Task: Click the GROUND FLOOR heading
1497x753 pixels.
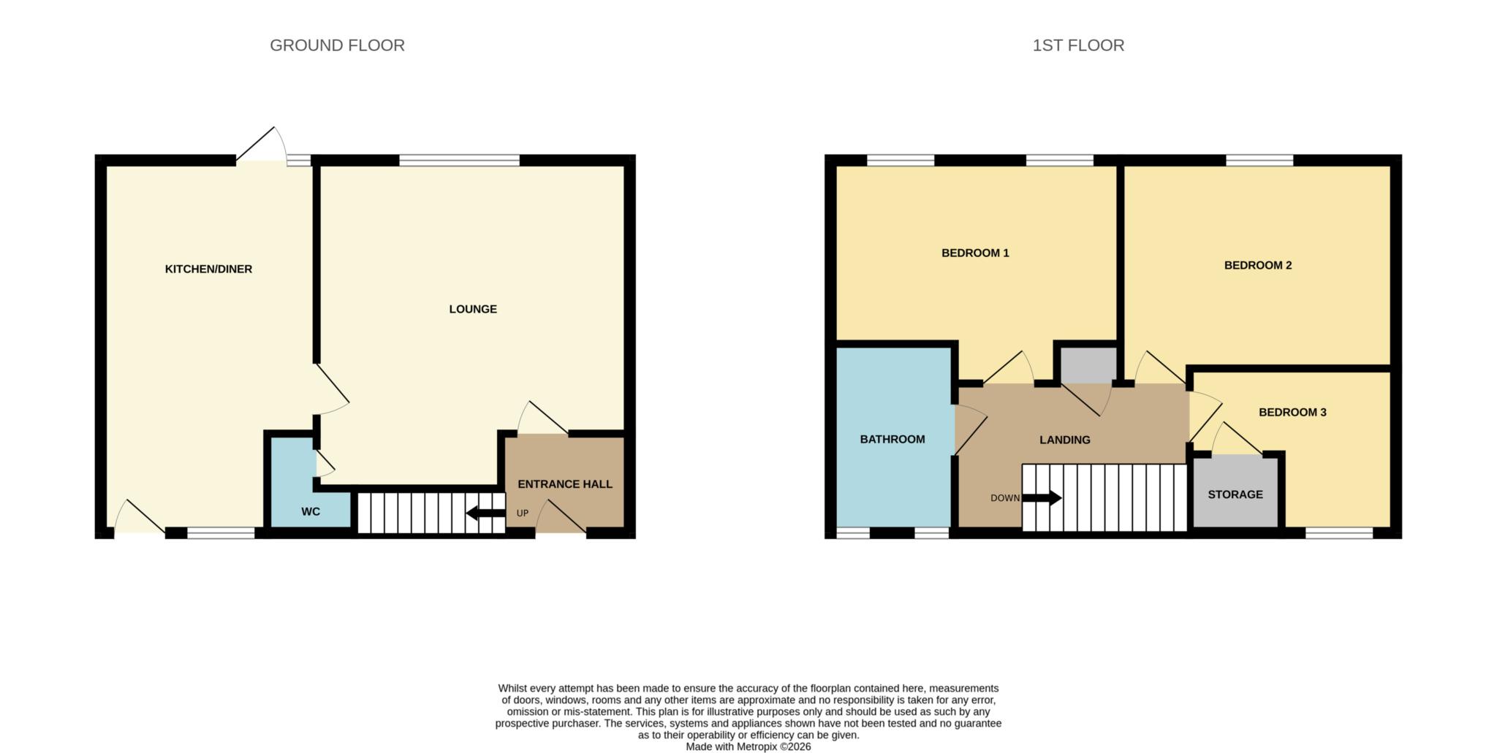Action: [x=337, y=45]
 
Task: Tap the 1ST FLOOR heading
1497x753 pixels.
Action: [x=1077, y=45]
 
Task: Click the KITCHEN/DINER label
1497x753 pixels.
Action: [x=208, y=269]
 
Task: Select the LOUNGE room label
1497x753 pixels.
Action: [x=472, y=309]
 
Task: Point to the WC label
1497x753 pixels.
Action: [x=310, y=512]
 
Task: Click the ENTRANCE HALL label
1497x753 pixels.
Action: [x=564, y=484]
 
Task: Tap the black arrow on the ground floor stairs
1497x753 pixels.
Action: [x=485, y=513]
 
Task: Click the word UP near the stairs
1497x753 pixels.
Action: [x=522, y=513]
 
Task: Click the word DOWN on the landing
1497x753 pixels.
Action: [x=1004, y=498]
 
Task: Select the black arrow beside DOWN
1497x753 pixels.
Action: [x=1042, y=498]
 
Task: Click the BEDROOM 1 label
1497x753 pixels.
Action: [x=974, y=253]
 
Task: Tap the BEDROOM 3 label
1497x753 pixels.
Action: [x=1292, y=413]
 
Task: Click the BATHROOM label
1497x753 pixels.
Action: [x=892, y=440]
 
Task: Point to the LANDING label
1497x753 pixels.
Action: [x=1064, y=440]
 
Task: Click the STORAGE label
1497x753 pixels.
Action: [x=1235, y=494]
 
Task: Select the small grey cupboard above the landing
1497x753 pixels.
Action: [x=1088, y=364]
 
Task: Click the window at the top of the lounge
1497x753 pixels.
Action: [x=459, y=160]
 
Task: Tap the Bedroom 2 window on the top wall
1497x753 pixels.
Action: [x=1259, y=160]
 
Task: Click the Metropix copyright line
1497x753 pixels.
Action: [x=748, y=747]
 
